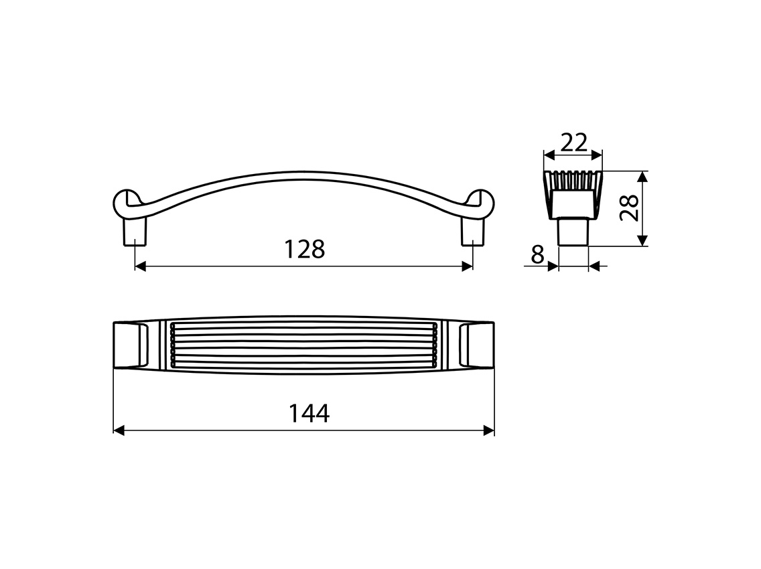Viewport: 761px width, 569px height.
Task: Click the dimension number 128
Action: click(304, 250)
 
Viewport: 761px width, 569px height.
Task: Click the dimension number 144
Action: click(309, 414)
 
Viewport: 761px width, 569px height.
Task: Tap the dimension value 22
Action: click(573, 142)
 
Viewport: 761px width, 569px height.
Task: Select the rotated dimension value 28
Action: click(628, 208)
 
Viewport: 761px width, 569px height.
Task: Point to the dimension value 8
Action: click(537, 254)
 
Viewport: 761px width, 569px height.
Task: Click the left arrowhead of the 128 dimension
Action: click(141, 266)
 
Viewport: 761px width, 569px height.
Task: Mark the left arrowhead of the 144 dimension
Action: click(119, 430)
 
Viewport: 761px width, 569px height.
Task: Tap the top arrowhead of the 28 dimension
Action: click(642, 176)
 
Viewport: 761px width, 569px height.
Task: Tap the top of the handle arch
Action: click(303, 175)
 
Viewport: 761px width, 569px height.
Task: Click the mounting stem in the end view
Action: click(573, 233)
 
